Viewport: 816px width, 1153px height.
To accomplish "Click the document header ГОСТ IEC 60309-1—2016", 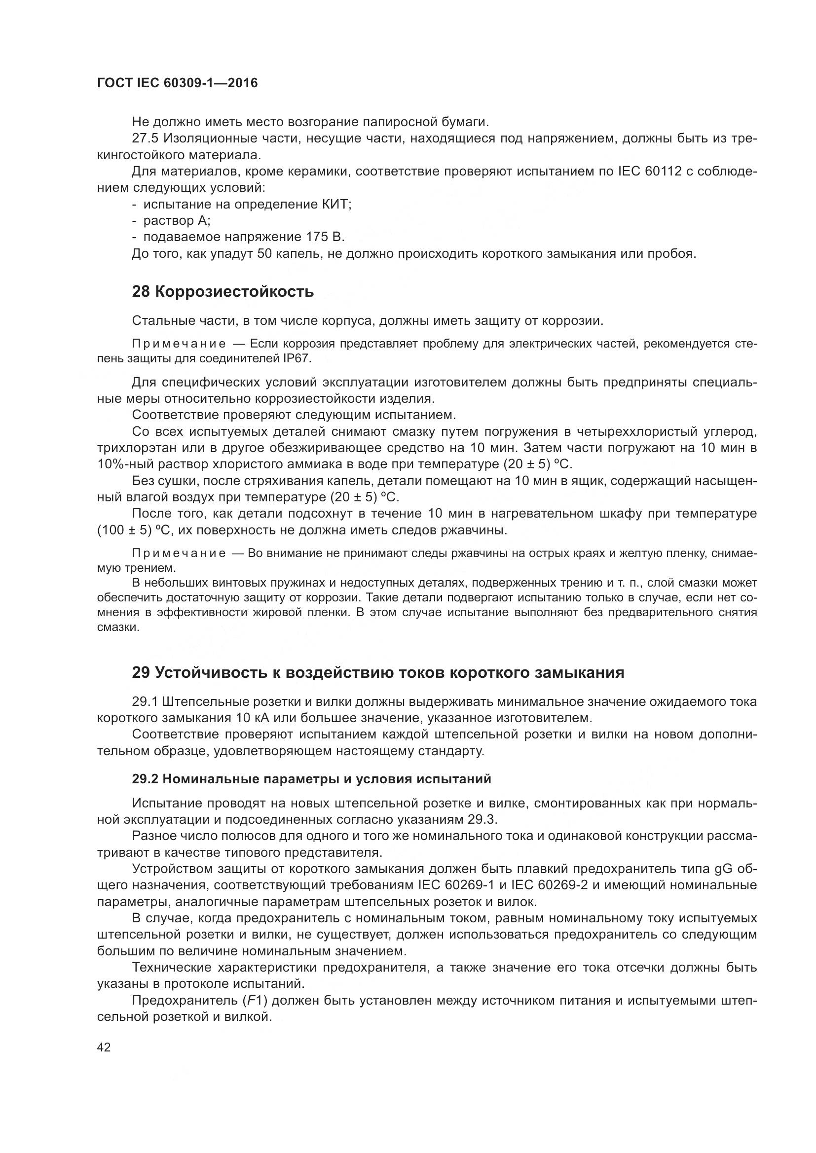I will click(x=177, y=83).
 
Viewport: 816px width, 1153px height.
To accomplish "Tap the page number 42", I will click(x=104, y=1048).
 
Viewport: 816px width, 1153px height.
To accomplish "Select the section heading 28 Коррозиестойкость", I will click(x=223, y=291).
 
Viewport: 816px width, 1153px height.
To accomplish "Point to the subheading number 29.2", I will click(x=145, y=779).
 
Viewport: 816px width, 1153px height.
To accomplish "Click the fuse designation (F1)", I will click(x=254, y=1001).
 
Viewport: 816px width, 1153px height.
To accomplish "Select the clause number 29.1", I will click(x=145, y=701).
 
